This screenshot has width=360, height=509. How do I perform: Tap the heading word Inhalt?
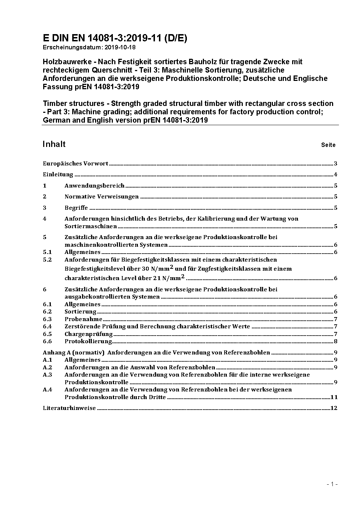(x=54, y=144)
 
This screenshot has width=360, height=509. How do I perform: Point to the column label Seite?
(x=328, y=145)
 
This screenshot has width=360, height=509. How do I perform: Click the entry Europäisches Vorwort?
(x=75, y=164)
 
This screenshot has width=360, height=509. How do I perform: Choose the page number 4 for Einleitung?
(x=336, y=175)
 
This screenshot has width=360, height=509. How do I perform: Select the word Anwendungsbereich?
(x=94, y=186)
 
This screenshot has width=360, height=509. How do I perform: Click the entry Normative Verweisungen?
(x=102, y=197)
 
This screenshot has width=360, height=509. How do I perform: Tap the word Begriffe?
(x=76, y=208)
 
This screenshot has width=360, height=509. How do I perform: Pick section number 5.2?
(x=47, y=260)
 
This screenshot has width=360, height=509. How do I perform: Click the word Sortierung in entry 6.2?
(x=80, y=312)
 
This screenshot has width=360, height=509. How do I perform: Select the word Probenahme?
(x=83, y=319)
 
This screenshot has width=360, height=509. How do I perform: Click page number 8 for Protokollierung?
(x=336, y=341)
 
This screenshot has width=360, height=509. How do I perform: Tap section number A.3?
(x=48, y=375)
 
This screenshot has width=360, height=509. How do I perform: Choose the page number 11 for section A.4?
(x=334, y=397)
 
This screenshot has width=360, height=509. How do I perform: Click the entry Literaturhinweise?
(x=69, y=408)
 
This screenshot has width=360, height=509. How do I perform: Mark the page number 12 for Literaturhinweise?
(x=334, y=408)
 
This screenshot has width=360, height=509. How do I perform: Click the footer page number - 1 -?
(x=332, y=484)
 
